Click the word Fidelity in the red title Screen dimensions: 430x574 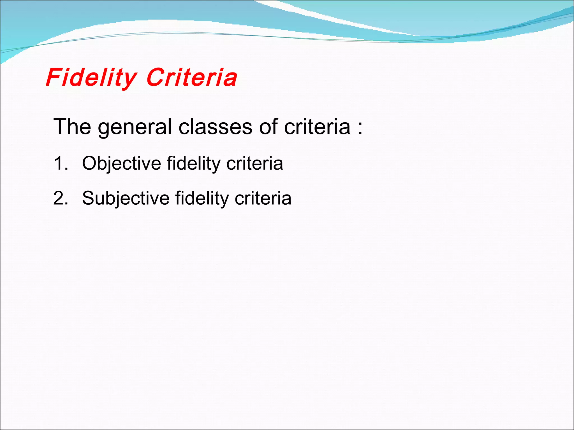(x=91, y=78)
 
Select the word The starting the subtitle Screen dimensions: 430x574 (x=72, y=127)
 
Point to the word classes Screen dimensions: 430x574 (x=215, y=127)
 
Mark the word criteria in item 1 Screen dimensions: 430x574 (x=254, y=163)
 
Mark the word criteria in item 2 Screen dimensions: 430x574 (x=263, y=198)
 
